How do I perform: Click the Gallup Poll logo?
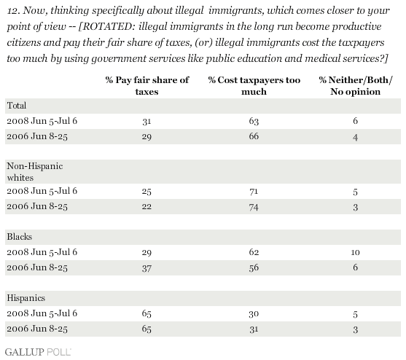point(38,352)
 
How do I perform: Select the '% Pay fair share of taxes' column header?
point(147,86)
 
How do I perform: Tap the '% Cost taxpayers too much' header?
point(254,86)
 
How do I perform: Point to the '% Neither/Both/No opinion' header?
point(355,86)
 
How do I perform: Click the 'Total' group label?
point(17,106)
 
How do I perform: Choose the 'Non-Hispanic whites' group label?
point(35,171)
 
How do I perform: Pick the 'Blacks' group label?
point(20,237)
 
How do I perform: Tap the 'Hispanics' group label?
point(26,298)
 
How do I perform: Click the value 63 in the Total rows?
point(254,121)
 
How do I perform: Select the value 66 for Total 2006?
point(254,136)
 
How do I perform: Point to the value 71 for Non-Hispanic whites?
point(254,192)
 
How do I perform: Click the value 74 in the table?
point(254,207)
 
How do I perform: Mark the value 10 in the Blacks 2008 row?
point(355,252)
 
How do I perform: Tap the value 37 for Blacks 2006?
point(147,268)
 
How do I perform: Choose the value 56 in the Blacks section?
point(254,267)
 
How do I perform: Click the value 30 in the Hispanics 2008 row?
point(254,313)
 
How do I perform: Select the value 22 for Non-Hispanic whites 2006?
point(147,207)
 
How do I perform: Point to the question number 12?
point(12,11)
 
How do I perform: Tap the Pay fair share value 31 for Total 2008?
point(147,121)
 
